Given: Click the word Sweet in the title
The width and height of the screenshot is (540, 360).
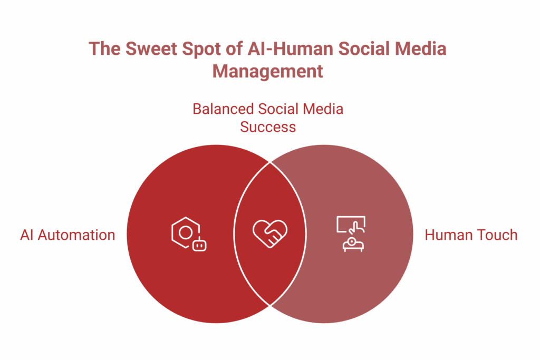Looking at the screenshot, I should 148,48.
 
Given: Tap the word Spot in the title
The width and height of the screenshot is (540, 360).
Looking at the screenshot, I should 196,48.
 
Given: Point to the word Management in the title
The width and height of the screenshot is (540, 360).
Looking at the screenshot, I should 268,71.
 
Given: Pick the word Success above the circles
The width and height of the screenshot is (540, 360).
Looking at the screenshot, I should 268,127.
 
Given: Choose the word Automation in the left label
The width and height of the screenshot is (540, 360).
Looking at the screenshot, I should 77,235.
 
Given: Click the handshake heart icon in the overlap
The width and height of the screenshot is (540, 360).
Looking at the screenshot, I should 270,232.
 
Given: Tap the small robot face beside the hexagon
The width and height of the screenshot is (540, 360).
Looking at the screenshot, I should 199,245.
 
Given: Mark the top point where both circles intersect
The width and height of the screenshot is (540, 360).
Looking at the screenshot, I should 270,162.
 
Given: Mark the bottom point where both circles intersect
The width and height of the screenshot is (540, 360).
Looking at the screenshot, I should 270,305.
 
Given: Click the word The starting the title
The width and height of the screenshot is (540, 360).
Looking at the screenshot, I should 104,48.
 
